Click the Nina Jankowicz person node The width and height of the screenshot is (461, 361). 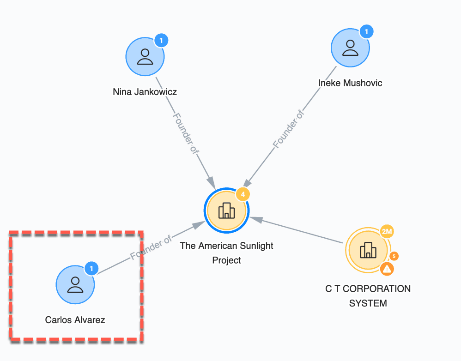coord(145,57)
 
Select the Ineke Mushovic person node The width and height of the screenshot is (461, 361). coord(350,48)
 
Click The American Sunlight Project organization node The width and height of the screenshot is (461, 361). coord(226,211)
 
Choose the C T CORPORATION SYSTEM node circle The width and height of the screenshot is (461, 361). coord(368,250)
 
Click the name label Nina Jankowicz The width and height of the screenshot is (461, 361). coord(145,92)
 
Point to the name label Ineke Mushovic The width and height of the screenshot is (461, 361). coord(350,83)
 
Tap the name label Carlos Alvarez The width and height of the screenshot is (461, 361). coord(75,319)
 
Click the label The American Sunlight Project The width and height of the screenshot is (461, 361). coord(226,253)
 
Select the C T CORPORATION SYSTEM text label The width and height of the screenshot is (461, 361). coord(368,296)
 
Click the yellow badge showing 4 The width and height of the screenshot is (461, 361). coord(243,194)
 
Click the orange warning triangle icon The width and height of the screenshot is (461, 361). coord(387,268)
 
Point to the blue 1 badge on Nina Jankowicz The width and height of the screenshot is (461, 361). coord(161,41)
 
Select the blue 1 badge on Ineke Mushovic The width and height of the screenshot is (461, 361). coord(366,32)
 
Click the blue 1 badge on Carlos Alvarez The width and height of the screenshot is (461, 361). coord(91,268)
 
